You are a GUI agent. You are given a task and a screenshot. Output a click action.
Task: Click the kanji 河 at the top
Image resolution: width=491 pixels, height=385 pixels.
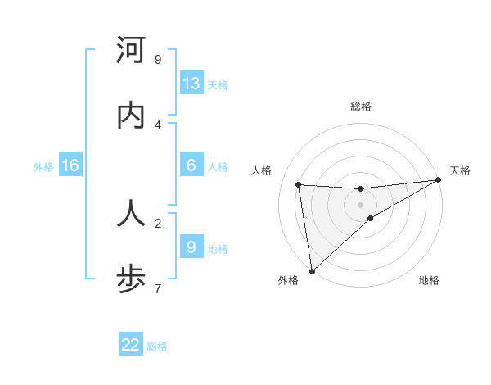pos(131,51)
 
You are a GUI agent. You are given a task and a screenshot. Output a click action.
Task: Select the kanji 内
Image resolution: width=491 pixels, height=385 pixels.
pos(131,116)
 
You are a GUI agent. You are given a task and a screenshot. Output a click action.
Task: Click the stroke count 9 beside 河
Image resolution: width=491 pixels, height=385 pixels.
pos(158,60)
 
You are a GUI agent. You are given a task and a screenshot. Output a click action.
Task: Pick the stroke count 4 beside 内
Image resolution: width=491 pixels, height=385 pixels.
pos(158,125)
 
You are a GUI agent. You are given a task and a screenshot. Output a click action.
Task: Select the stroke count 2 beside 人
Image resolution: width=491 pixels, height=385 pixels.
pos(158,222)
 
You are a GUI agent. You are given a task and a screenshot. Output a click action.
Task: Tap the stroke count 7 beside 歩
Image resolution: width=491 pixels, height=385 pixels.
pos(158,288)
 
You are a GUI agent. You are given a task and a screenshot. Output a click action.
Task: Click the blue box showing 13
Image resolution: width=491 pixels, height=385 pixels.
pos(191,84)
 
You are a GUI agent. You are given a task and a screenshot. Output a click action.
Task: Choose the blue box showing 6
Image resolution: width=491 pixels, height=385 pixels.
pos(191,165)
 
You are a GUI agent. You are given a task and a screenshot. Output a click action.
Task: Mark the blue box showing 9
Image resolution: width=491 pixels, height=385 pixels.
pos(191,247)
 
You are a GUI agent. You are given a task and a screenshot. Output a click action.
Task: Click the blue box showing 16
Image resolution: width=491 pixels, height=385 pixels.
pos(70,165)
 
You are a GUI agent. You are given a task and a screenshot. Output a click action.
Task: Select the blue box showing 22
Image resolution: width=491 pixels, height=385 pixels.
pos(131,344)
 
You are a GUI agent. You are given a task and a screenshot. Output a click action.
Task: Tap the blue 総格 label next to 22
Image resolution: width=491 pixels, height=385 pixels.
pos(157,346)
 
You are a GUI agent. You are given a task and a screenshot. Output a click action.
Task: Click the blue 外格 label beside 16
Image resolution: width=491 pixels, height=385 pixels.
pos(43,167)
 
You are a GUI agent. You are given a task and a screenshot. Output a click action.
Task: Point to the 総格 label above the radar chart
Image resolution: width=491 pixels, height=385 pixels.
pos(361,106)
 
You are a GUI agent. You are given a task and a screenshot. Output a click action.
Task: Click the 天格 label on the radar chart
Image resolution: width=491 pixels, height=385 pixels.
pos(460,170)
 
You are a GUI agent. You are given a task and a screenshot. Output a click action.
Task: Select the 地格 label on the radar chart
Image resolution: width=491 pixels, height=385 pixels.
pos(429,280)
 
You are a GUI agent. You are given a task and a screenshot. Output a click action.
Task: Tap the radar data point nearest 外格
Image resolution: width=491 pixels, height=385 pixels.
pos(312,270)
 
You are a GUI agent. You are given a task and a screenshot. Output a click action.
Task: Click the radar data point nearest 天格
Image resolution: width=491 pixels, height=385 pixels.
pos(439,180)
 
